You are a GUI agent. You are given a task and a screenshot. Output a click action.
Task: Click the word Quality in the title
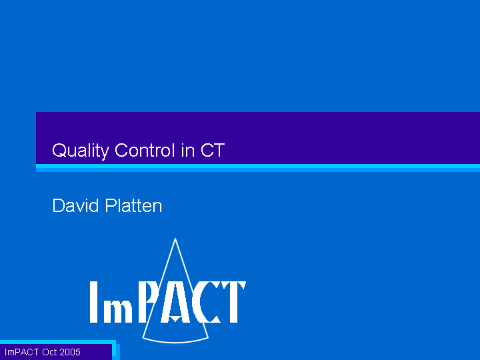[81, 151]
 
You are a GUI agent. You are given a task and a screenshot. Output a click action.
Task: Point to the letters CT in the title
[213, 150]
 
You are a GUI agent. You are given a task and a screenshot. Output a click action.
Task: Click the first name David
[75, 205]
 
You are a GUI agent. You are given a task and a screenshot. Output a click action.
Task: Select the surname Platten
[133, 205]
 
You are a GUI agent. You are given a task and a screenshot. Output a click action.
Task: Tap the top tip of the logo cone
[175, 239]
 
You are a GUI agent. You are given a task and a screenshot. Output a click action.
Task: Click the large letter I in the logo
[94, 302]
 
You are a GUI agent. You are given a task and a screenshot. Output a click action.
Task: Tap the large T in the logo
[234, 302]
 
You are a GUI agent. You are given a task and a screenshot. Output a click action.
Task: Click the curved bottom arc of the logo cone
[175, 341]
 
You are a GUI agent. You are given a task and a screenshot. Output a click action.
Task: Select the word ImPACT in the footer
[21, 352]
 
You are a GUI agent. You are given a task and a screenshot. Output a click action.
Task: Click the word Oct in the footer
[49, 352]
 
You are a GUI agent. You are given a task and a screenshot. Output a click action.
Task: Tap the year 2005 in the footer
[70, 352]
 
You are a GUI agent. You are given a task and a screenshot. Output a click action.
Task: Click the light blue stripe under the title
[258, 168]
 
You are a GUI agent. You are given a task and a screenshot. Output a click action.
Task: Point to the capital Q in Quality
[59, 151]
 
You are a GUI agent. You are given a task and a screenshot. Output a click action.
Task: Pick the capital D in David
[58, 205]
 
